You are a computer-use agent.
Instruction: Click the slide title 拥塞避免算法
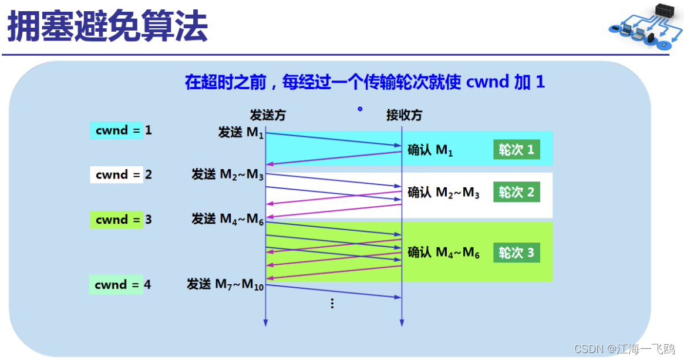(107, 27)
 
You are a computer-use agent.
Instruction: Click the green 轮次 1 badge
(517, 150)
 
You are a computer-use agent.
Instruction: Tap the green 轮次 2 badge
(517, 192)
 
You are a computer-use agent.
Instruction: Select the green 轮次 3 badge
(517, 253)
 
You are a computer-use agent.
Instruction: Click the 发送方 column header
(267, 115)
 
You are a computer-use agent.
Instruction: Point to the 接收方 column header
(404, 115)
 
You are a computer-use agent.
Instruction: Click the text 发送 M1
(241, 132)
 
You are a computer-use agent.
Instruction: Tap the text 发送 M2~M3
(228, 174)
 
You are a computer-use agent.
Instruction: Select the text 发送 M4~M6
(228, 219)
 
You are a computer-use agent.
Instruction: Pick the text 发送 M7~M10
(225, 284)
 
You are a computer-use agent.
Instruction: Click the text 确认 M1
(430, 150)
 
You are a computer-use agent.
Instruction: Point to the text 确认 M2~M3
(444, 193)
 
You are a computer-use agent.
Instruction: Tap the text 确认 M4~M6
(444, 252)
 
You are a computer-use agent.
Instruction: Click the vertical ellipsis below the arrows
(332, 304)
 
